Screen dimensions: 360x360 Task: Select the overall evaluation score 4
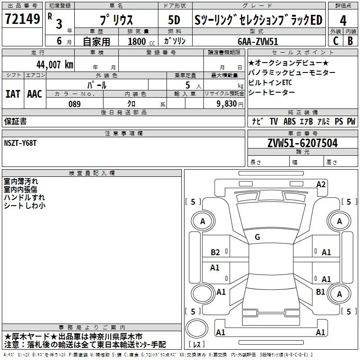pos(343,20)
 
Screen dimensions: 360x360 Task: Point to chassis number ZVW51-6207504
pos(302,143)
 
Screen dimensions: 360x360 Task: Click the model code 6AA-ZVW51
pos(258,41)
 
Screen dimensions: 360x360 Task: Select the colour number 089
pos(74,103)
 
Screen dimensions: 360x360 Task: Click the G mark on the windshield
pos(257,237)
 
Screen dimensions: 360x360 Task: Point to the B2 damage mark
pos(216,252)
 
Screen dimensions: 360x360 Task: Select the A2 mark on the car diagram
pos(321,184)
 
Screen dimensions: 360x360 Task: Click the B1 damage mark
pos(320,292)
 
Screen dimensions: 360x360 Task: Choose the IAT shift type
pos(13,94)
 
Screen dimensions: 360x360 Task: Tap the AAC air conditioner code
pos(35,94)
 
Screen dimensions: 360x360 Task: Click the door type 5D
pos(174,20)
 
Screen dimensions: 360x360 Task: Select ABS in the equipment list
pos(290,121)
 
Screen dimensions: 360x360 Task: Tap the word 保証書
pos(15,121)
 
